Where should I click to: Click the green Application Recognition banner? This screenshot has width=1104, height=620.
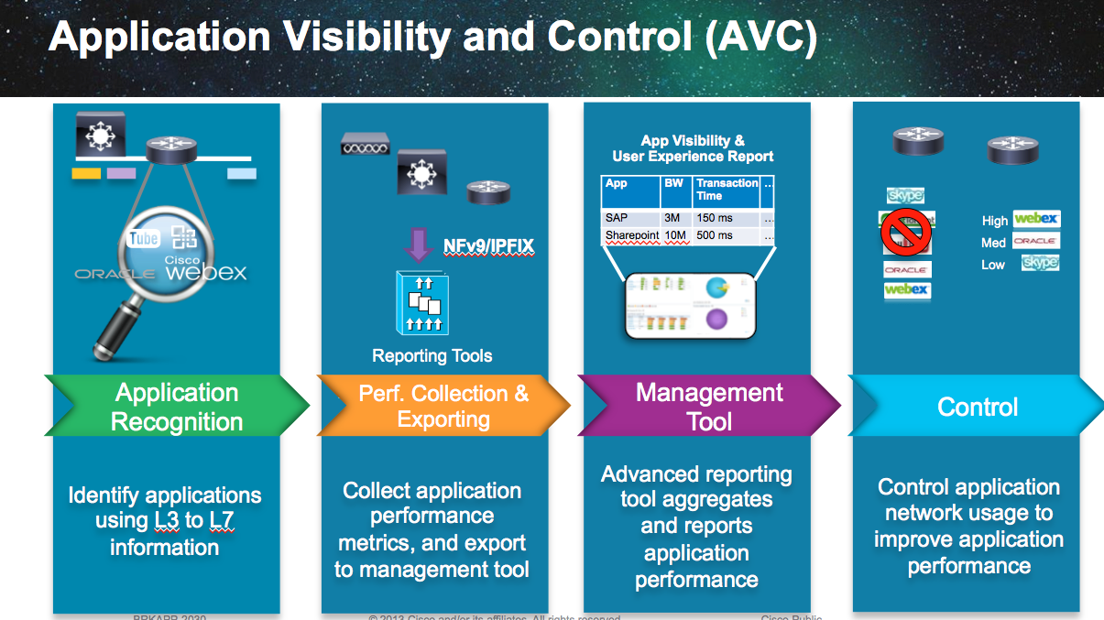(x=177, y=408)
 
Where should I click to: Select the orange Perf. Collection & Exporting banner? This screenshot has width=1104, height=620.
(x=443, y=407)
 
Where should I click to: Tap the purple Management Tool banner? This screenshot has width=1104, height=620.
(x=709, y=407)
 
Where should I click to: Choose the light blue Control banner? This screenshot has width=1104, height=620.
(x=978, y=407)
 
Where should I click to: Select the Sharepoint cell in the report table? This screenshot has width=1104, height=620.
(x=631, y=235)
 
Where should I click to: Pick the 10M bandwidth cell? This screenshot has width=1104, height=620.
(x=675, y=235)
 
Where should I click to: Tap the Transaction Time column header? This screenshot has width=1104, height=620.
(x=727, y=189)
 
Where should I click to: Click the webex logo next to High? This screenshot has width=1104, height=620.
(x=1036, y=219)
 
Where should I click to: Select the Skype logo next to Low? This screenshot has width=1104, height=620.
(x=1040, y=263)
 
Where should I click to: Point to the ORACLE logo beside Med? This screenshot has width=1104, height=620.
(x=1036, y=242)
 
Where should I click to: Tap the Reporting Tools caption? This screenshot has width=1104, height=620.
(x=432, y=356)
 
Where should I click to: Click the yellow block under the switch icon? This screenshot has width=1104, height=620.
(x=86, y=173)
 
